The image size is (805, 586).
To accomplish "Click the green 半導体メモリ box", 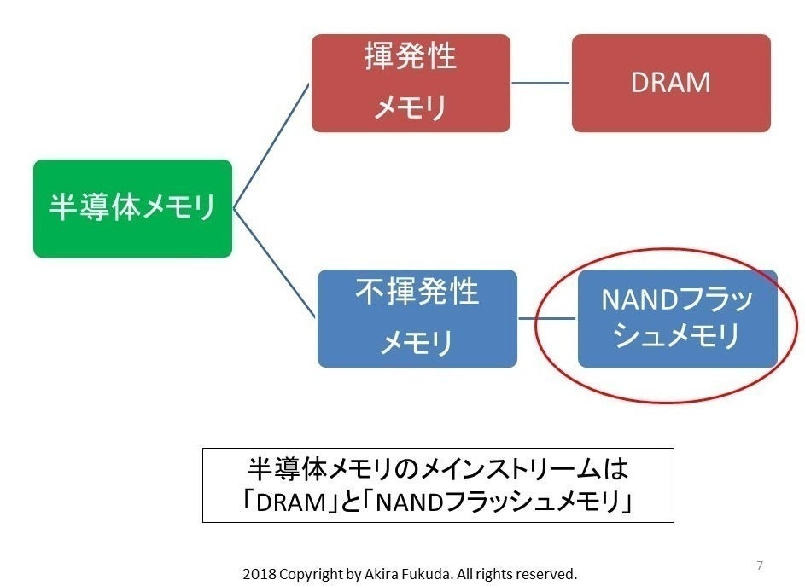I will coord(132,208).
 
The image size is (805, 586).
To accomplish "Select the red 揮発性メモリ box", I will coord(411,83).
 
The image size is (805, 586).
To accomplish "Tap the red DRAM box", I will coord(671,83).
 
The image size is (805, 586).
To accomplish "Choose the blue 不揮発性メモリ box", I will coord(417,318).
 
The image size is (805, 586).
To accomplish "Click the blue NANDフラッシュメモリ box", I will coord(678,318).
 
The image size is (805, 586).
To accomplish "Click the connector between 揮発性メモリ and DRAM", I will coord(540,83).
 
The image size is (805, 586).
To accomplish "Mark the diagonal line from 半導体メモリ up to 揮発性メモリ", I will coord(271,145).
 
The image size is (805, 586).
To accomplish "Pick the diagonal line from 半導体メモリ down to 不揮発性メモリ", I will coord(275,264).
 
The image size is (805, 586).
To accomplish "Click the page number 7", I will coord(760,566).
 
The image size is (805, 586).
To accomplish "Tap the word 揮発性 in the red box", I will coord(411,57).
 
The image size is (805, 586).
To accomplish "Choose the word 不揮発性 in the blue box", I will coord(417,293).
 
